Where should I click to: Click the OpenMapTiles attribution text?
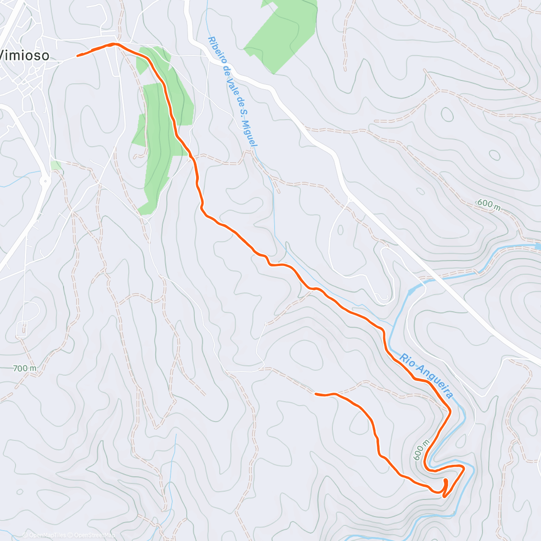(47, 535)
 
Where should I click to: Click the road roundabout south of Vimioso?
(45, 182)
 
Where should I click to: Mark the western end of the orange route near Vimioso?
(78, 55)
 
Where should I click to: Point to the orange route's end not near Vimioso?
(316, 394)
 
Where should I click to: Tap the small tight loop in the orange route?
(445, 487)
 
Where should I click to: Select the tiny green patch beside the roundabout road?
(56, 165)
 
